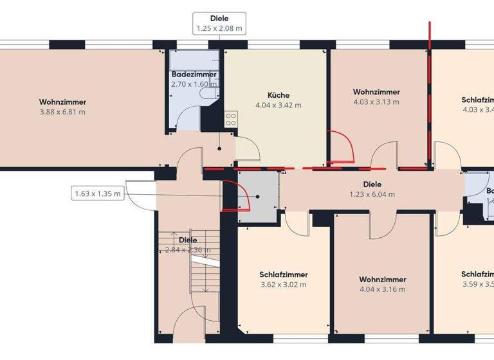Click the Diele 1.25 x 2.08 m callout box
pyautogui.click(x=219, y=23)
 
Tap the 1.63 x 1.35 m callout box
pyautogui.click(x=98, y=194)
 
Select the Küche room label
pyautogui.click(x=278, y=94)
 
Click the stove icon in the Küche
pyautogui.click(x=230, y=119)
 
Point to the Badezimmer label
pyautogui.click(x=194, y=75)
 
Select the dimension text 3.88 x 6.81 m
pyautogui.click(x=62, y=112)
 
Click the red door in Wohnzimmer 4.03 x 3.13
pyautogui.click(x=341, y=147)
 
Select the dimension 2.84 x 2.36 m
pyautogui.click(x=188, y=250)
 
